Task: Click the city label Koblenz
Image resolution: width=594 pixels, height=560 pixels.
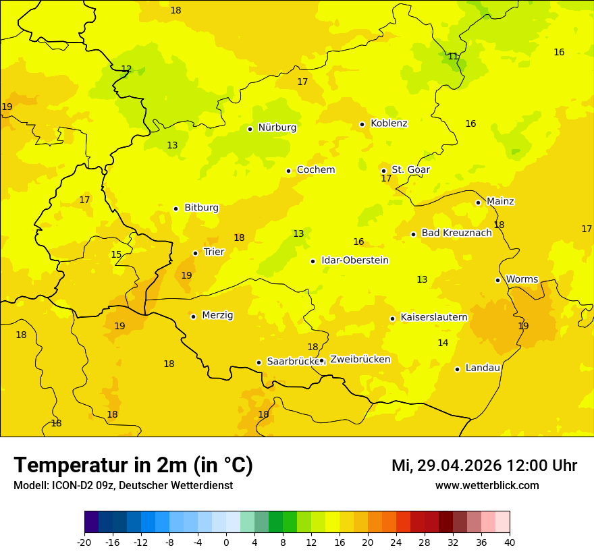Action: point(389,123)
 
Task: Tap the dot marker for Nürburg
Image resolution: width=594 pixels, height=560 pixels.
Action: point(250,129)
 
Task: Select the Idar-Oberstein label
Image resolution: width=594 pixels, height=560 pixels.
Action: point(355,260)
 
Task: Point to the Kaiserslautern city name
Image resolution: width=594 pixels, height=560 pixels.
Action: point(434,317)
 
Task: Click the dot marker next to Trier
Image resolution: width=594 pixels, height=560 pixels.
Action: point(195,253)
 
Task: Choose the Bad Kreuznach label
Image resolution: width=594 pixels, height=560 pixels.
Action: point(456,233)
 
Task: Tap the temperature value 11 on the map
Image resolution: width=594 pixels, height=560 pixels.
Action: point(453,57)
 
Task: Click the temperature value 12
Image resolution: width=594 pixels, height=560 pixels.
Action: point(126,69)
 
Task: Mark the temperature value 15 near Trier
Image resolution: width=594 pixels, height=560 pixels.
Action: point(116,254)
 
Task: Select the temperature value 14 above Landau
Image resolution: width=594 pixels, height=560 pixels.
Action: point(443,343)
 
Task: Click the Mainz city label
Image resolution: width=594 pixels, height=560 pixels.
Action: point(500,201)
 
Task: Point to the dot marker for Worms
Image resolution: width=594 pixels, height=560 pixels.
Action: point(497,280)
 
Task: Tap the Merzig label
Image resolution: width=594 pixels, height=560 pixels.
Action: point(217,315)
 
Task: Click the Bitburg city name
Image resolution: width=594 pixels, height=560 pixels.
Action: point(201,208)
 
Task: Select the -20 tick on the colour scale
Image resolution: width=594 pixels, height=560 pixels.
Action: point(84,542)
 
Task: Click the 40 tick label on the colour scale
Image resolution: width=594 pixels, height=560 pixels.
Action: point(510,542)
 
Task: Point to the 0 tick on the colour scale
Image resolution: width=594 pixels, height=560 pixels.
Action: point(226,542)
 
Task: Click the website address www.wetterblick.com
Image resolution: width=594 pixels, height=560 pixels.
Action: point(487,486)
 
